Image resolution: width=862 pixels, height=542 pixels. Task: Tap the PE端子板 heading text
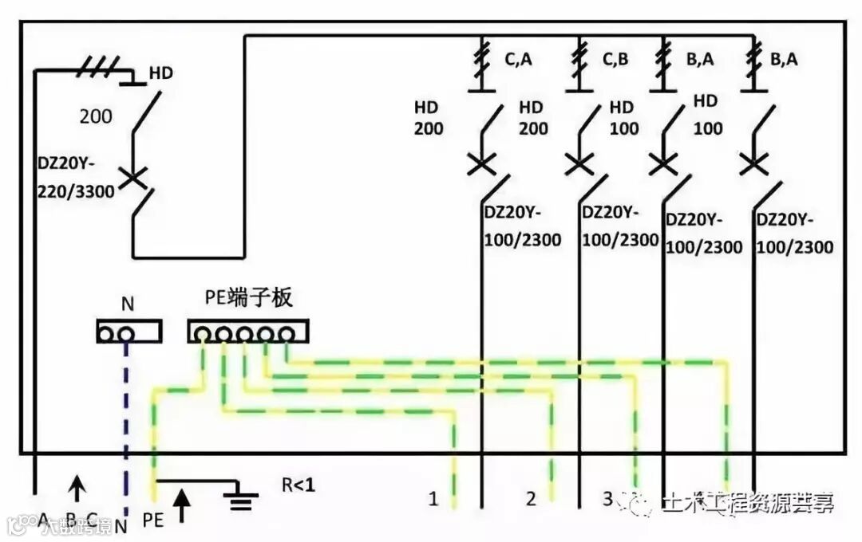pyautogui.click(x=249, y=299)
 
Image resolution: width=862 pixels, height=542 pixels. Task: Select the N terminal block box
pyautogui.click(x=129, y=332)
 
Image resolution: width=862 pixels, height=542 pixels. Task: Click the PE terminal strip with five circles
pyautogui.click(x=247, y=332)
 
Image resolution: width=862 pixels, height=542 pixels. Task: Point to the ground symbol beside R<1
pyautogui.click(x=237, y=501)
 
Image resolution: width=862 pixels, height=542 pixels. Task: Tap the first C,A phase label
pyautogui.click(x=518, y=58)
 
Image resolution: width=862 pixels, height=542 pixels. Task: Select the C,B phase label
pyautogui.click(x=616, y=58)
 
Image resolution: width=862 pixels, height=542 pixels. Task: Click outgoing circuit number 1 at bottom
pyautogui.click(x=433, y=500)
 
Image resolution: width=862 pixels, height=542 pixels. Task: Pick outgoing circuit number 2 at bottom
pyautogui.click(x=531, y=500)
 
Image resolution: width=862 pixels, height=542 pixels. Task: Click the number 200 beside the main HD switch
pyautogui.click(x=96, y=116)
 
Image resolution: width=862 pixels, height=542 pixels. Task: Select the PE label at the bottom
pyautogui.click(x=153, y=520)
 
